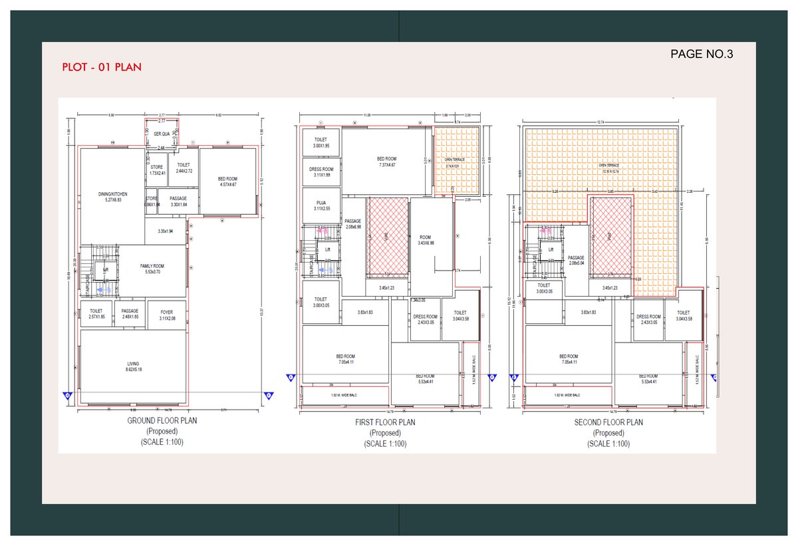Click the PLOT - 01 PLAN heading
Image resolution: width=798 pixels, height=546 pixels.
(102, 67)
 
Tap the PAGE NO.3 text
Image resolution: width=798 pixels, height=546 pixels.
(701, 55)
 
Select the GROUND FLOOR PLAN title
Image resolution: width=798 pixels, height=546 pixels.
(162, 421)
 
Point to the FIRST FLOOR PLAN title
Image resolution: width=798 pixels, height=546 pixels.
(385, 422)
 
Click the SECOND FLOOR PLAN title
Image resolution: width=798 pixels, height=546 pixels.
(608, 422)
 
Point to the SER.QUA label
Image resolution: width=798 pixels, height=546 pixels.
(162, 134)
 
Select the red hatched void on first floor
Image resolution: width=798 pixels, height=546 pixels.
(386, 236)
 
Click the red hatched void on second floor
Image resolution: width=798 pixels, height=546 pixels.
(610, 236)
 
